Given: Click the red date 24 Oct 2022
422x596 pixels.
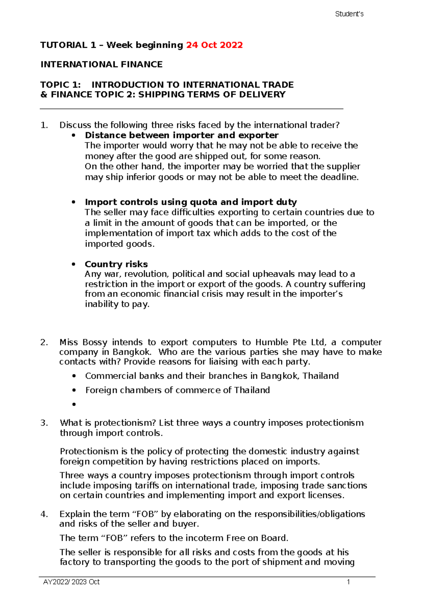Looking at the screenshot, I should (214, 45).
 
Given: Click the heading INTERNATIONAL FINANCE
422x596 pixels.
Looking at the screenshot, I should (101, 64).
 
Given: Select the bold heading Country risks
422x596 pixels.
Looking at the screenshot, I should (116, 264).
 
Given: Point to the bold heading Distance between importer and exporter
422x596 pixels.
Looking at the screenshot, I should (181, 135).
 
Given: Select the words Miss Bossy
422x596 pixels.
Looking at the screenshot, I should (83, 342).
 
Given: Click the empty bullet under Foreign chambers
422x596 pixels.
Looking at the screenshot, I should (74, 404).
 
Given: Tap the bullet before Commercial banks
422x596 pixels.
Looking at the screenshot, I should (74, 376).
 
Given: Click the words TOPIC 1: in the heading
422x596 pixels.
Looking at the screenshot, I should (60, 85).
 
